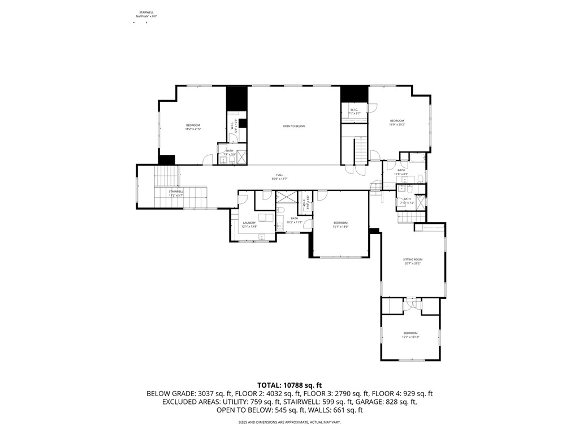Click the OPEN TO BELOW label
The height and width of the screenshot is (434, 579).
(293, 126)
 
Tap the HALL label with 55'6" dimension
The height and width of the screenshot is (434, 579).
(279, 177)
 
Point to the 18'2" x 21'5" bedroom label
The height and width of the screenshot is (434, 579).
(193, 127)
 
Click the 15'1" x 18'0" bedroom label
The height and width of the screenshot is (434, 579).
(340, 224)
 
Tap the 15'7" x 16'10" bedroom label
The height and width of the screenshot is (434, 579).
(410, 335)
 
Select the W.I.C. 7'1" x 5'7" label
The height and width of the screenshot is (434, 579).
(355, 111)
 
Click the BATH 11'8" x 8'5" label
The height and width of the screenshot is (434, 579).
(401, 172)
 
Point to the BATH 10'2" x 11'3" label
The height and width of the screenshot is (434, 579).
(294, 220)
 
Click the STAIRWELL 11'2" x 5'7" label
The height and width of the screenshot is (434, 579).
(175, 193)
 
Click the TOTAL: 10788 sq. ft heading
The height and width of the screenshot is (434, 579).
(289, 385)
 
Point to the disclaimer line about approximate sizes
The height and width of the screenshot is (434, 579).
(289, 422)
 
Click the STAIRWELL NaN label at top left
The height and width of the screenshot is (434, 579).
(146, 14)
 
